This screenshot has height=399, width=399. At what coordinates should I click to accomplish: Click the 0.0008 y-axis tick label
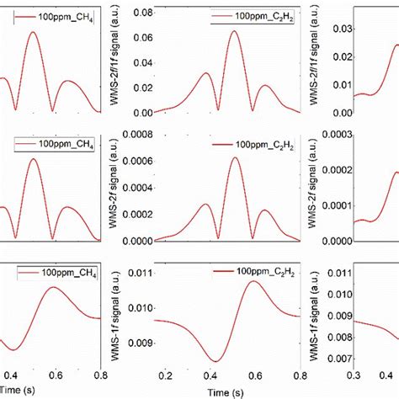(134, 135)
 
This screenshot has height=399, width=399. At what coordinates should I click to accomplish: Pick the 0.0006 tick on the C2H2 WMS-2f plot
(134, 162)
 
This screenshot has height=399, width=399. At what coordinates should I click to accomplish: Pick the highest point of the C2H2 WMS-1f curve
(253, 281)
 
